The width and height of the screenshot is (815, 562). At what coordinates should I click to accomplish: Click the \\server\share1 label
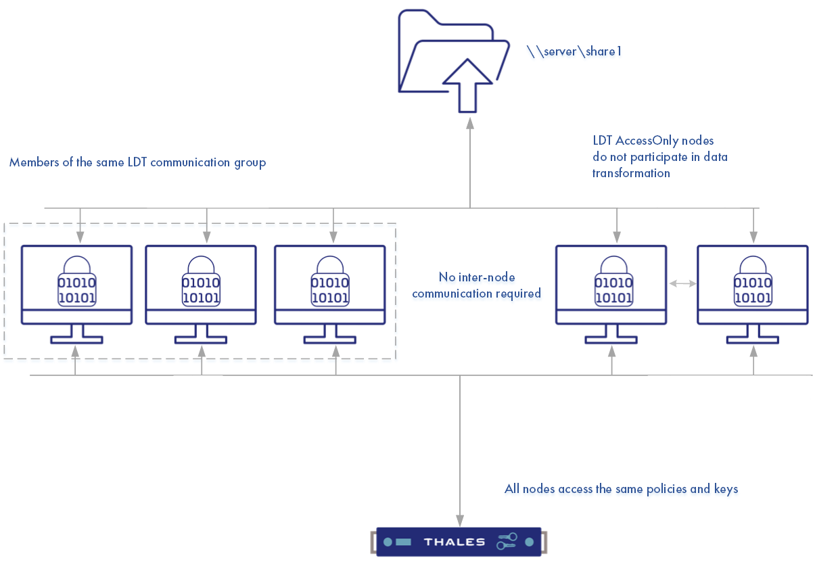574,51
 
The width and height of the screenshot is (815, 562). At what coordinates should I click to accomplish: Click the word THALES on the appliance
454,542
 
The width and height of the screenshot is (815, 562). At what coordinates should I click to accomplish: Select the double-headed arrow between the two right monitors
682,285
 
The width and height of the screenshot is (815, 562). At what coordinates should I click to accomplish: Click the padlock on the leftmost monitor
76,281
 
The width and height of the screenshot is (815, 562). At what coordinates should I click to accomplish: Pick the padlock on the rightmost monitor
753,281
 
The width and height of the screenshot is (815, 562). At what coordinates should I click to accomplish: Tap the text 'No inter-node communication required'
476,285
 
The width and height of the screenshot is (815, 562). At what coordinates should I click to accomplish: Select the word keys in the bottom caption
726,488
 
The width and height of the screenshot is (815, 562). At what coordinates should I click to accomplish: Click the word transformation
631,173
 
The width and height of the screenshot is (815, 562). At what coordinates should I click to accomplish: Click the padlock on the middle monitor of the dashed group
201,281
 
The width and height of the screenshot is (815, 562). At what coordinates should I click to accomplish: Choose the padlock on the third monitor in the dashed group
330,281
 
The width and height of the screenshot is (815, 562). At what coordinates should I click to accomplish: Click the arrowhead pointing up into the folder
469,121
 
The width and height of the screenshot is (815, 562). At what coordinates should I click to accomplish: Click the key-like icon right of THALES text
507,542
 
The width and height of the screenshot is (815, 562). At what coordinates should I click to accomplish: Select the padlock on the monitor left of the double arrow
613,281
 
